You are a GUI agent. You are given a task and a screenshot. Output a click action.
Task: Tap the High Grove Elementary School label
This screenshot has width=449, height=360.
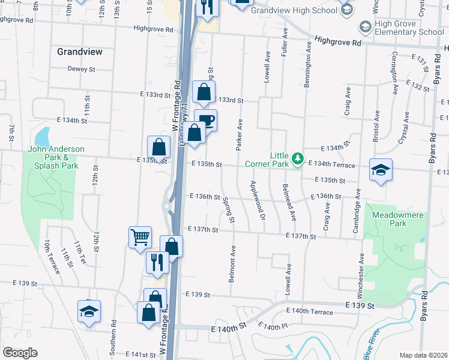409,28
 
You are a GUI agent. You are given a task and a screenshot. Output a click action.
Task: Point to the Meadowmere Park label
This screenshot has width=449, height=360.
397,219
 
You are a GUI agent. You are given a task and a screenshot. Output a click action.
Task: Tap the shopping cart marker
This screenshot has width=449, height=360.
140,236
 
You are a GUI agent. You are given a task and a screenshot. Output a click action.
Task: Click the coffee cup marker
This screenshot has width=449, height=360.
205,119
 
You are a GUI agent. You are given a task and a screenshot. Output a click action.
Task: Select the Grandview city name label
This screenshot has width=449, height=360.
80,52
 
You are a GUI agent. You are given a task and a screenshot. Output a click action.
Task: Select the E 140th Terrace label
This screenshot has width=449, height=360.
310,311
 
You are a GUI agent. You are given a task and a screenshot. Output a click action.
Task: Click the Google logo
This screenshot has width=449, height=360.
20,352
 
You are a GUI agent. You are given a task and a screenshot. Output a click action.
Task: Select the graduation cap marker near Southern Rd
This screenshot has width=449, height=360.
89,311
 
